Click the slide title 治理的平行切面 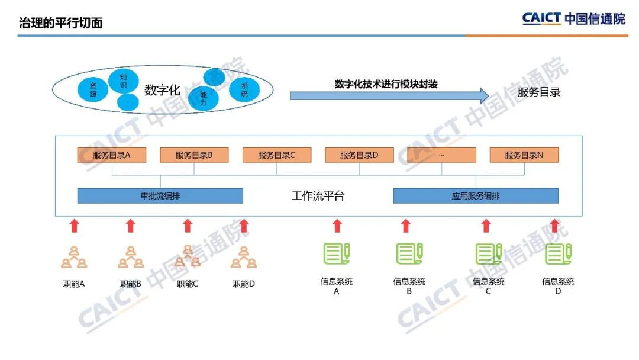(61, 22)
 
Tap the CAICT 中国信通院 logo (573, 19)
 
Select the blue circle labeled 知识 (124, 81)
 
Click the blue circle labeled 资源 (93, 89)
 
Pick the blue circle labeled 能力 (203, 98)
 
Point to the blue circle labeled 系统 (244, 89)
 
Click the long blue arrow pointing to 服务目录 (389, 96)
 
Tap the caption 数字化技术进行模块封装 (386, 84)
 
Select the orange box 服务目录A (112, 155)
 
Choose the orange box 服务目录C (277, 155)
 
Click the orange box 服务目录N (524, 155)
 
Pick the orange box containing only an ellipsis (442, 155)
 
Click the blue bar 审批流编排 (160, 196)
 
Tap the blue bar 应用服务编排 (476, 196)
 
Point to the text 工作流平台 (318, 196)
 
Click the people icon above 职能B (130, 257)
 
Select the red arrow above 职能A (74, 226)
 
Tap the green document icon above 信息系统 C (489, 253)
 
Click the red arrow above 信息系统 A (337, 226)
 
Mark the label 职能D (244, 284)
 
